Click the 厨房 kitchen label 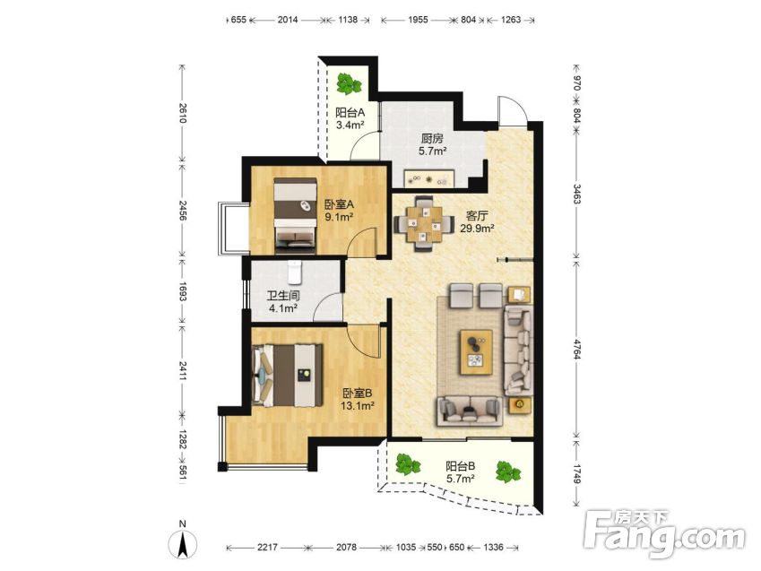click(432, 138)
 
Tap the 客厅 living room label click(477, 215)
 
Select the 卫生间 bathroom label click(283, 295)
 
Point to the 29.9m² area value click(477, 229)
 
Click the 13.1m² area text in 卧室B click(358, 406)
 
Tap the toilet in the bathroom click(295, 273)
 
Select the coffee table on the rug click(476, 352)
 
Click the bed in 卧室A click(295, 215)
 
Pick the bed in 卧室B click(288, 376)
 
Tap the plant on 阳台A click(349, 84)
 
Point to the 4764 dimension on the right click(576, 350)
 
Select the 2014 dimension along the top click(288, 20)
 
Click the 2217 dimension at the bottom click(267, 547)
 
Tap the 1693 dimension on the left click(183, 291)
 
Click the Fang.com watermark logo click(664, 533)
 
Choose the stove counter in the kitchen click(429, 178)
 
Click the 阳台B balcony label click(461, 467)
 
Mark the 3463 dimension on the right click(576, 193)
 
